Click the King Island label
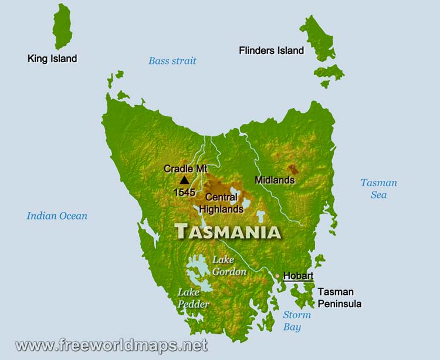tap(52, 59)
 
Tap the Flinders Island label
tap(271, 51)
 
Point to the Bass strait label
tap(172, 61)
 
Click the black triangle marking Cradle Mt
tap(184, 180)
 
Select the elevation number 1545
tap(184, 192)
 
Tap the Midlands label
tap(275, 180)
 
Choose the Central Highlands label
tap(221, 203)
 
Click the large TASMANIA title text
tap(228, 231)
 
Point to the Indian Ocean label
tap(57, 216)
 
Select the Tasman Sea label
tap(378, 189)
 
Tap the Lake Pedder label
tap(193, 298)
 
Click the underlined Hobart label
tap(298, 275)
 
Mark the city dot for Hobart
tap(277, 275)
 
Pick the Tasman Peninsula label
tap(340, 298)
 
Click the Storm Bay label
tap(297, 321)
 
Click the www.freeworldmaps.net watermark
tap(111, 345)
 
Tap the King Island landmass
tap(62, 26)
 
